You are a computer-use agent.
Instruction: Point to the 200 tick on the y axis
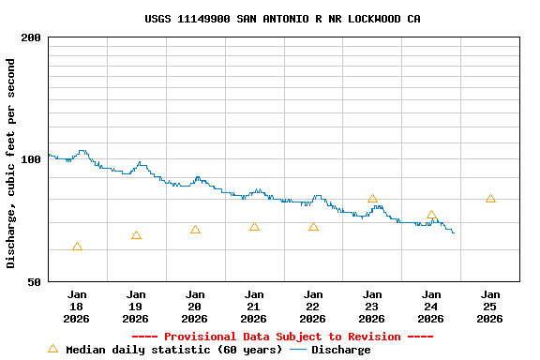pyautogui.click(x=32, y=37)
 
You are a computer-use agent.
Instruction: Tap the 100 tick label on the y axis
pyautogui.click(x=32, y=159)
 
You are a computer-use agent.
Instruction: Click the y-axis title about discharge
pyautogui.click(x=11, y=163)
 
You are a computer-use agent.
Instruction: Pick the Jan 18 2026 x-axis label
pyautogui.click(x=77, y=306)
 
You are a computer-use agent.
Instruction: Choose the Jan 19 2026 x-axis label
pyautogui.click(x=136, y=306)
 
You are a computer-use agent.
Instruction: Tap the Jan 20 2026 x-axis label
pyautogui.click(x=195, y=306)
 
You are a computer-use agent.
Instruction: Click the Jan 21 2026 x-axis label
pyautogui.click(x=254, y=306)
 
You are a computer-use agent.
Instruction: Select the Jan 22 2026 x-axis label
pyautogui.click(x=313, y=306)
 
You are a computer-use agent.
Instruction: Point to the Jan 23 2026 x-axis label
pyautogui.click(x=372, y=306)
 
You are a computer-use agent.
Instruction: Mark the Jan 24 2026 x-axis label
pyautogui.click(x=431, y=306)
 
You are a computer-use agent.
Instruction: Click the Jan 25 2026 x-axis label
pyautogui.click(x=490, y=306)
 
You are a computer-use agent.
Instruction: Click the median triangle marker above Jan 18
pyautogui.click(x=77, y=247)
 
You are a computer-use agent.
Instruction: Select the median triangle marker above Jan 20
pyautogui.click(x=195, y=230)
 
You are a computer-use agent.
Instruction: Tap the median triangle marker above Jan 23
pyautogui.click(x=372, y=199)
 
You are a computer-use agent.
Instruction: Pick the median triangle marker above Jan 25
pyautogui.click(x=490, y=199)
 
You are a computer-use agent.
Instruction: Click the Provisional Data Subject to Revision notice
pyautogui.click(x=282, y=337)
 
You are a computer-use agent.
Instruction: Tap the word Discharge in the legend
pyautogui.click(x=340, y=350)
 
